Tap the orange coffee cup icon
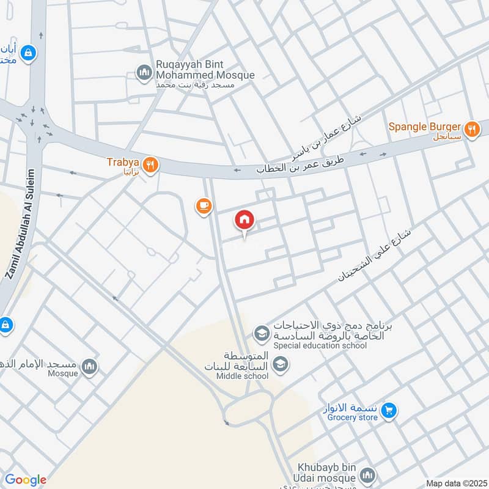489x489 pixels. pos(204,207)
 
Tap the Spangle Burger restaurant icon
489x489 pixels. pos(471,129)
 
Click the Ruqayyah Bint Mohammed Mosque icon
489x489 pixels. pos(144,72)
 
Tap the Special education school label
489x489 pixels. pos(320,345)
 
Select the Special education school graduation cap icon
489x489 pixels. pos(262,334)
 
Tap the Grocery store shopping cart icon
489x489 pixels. pos(388,412)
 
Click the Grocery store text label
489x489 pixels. pos(351,418)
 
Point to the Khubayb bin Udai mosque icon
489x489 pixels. pos(367,475)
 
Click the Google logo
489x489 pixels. pos(25,480)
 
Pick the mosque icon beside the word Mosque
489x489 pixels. pos(90,366)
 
